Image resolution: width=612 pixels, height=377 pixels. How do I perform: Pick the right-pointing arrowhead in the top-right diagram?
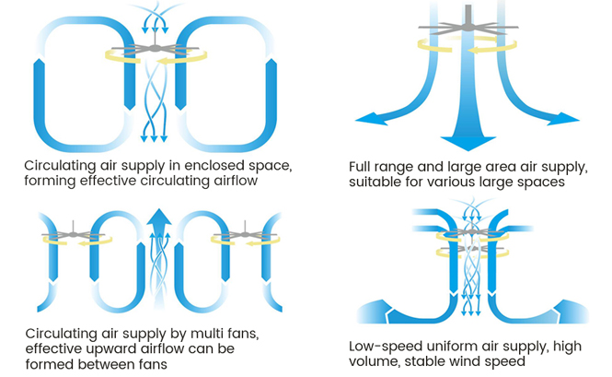pos(569,118)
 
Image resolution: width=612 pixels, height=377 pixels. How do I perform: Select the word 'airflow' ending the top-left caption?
pos(230,181)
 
